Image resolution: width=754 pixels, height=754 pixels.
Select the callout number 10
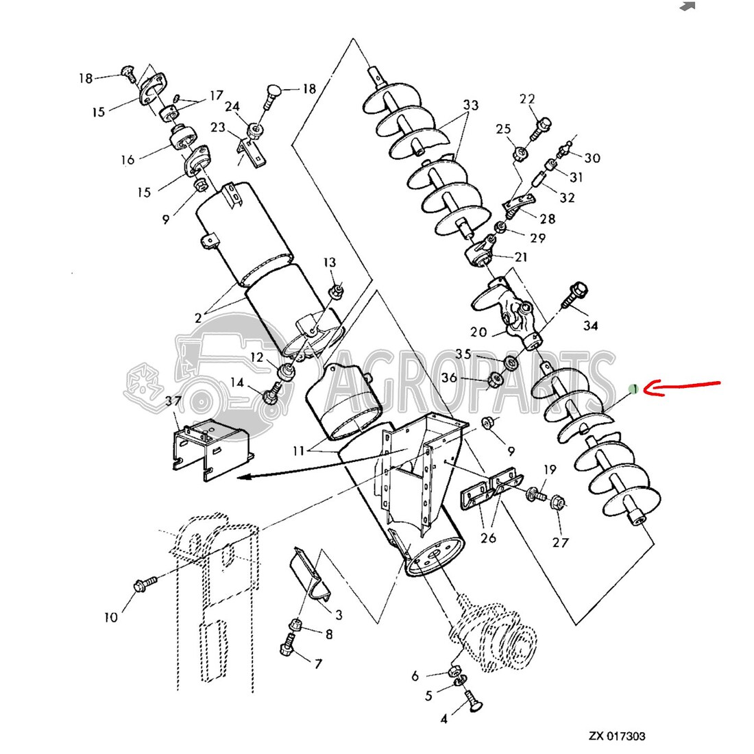(111, 618)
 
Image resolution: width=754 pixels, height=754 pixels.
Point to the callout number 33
(470, 106)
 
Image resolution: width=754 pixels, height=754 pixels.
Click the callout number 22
(527, 99)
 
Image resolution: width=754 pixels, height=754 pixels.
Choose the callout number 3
(338, 616)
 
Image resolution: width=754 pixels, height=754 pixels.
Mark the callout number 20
(478, 332)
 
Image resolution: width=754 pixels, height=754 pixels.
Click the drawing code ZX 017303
(617, 737)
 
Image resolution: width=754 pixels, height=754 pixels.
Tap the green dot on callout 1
(635, 389)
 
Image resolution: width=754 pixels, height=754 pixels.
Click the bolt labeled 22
(541, 125)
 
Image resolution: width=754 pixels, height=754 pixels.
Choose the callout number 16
(128, 160)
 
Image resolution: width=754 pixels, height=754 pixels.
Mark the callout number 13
(330, 263)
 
